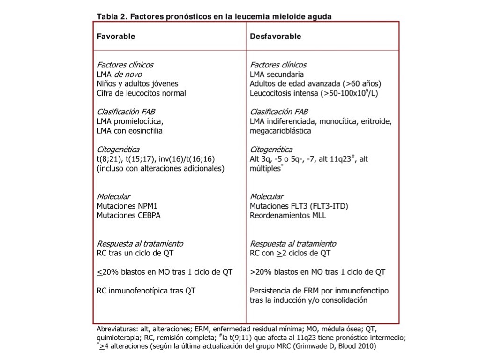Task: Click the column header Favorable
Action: click(116, 37)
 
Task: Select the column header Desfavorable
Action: click(275, 37)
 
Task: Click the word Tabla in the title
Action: click(108, 16)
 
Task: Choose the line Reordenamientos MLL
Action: click(288, 216)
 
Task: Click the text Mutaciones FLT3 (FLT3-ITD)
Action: click(299, 206)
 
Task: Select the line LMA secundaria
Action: click(277, 74)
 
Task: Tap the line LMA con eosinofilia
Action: click(129, 131)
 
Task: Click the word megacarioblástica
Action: click(280, 131)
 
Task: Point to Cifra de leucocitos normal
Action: click(141, 93)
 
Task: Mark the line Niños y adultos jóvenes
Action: click(137, 83)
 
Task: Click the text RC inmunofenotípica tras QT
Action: click(146, 291)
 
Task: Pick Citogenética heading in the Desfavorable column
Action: click(271, 150)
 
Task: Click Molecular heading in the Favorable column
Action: click(113, 196)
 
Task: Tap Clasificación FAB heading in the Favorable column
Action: click(126, 112)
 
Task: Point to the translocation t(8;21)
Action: click(108, 159)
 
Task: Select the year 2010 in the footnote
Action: click(367, 346)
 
